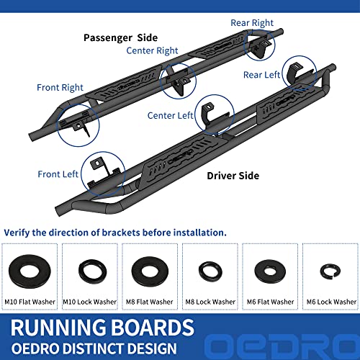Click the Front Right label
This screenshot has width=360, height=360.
tap(60, 88)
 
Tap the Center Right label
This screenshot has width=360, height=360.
tap(152, 50)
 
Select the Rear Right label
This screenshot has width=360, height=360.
tap(252, 23)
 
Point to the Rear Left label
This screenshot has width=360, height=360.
tap(261, 75)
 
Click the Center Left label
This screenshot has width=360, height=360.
tap(170, 116)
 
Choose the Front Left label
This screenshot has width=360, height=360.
tap(58, 174)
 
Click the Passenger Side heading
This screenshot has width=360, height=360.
tap(121, 38)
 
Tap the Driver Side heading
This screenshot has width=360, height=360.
tap(233, 176)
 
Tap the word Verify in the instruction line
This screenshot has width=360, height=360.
tap(17, 233)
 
